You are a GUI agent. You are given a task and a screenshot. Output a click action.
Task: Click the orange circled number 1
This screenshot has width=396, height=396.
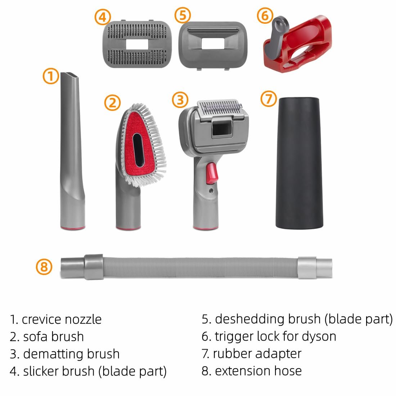(x=51, y=76)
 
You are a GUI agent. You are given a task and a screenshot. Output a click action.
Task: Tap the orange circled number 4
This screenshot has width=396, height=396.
(x=103, y=17)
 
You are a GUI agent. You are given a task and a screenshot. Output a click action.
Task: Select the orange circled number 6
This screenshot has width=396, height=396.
(x=265, y=15)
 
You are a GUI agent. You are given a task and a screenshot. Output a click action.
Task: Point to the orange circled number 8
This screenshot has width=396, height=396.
(x=44, y=267)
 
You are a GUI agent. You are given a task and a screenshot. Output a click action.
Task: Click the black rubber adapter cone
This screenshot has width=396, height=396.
(x=299, y=163)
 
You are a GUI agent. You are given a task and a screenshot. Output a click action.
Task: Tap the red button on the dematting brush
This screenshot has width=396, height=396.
(x=212, y=173)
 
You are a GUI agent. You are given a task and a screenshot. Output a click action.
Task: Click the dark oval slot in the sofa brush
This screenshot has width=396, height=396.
(x=139, y=150)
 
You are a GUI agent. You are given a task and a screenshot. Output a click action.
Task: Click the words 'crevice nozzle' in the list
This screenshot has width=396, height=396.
(x=62, y=319)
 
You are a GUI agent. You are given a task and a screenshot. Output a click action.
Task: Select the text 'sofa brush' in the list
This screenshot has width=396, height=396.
(x=53, y=337)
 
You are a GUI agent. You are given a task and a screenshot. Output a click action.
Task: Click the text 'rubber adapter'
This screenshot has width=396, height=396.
(x=257, y=354)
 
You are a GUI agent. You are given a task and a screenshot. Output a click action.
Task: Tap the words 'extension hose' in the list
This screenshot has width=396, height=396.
(x=258, y=371)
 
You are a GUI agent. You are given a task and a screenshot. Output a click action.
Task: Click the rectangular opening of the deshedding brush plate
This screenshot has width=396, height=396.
(x=213, y=44)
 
